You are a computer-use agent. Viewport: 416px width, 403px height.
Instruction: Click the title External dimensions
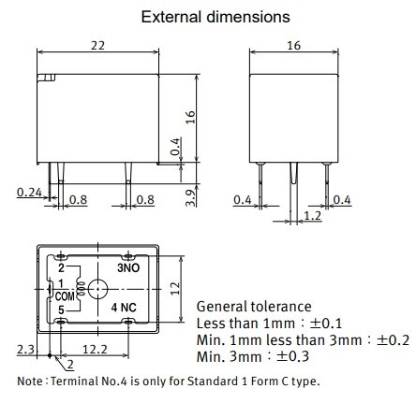click(x=215, y=17)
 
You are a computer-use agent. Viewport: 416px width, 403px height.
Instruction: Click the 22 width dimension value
click(x=97, y=46)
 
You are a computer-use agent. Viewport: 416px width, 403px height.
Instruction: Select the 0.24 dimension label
click(x=29, y=193)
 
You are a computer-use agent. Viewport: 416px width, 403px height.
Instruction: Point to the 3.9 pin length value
click(x=190, y=198)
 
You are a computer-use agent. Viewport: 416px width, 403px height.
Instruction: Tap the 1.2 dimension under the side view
click(x=312, y=215)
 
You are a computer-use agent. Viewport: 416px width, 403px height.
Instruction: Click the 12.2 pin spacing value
click(x=95, y=349)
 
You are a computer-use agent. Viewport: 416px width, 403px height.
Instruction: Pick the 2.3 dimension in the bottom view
click(x=25, y=349)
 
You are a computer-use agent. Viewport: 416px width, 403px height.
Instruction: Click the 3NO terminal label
click(x=128, y=267)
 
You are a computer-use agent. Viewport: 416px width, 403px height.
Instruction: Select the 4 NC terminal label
click(x=124, y=308)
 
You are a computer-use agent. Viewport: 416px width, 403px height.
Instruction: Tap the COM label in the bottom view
click(x=65, y=296)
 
